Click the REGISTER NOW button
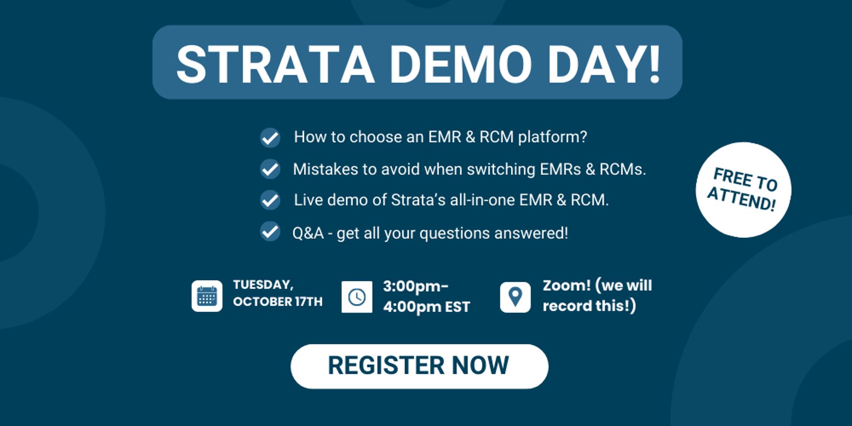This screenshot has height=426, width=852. point(419,367)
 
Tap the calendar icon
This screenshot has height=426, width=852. point(207,296)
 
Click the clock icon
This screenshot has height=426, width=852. point(357,297)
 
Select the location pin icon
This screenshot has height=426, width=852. point(515,297)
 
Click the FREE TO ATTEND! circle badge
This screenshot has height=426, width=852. point(743,190)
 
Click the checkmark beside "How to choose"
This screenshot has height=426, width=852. point(270,138)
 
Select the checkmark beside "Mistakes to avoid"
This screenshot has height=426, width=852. point(270,169)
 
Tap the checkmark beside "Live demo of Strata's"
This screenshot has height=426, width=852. point(270,200)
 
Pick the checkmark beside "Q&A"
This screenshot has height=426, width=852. point(270,232)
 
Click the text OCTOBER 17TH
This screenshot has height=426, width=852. point(278,302)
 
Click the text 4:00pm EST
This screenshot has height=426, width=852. point(426,307)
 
